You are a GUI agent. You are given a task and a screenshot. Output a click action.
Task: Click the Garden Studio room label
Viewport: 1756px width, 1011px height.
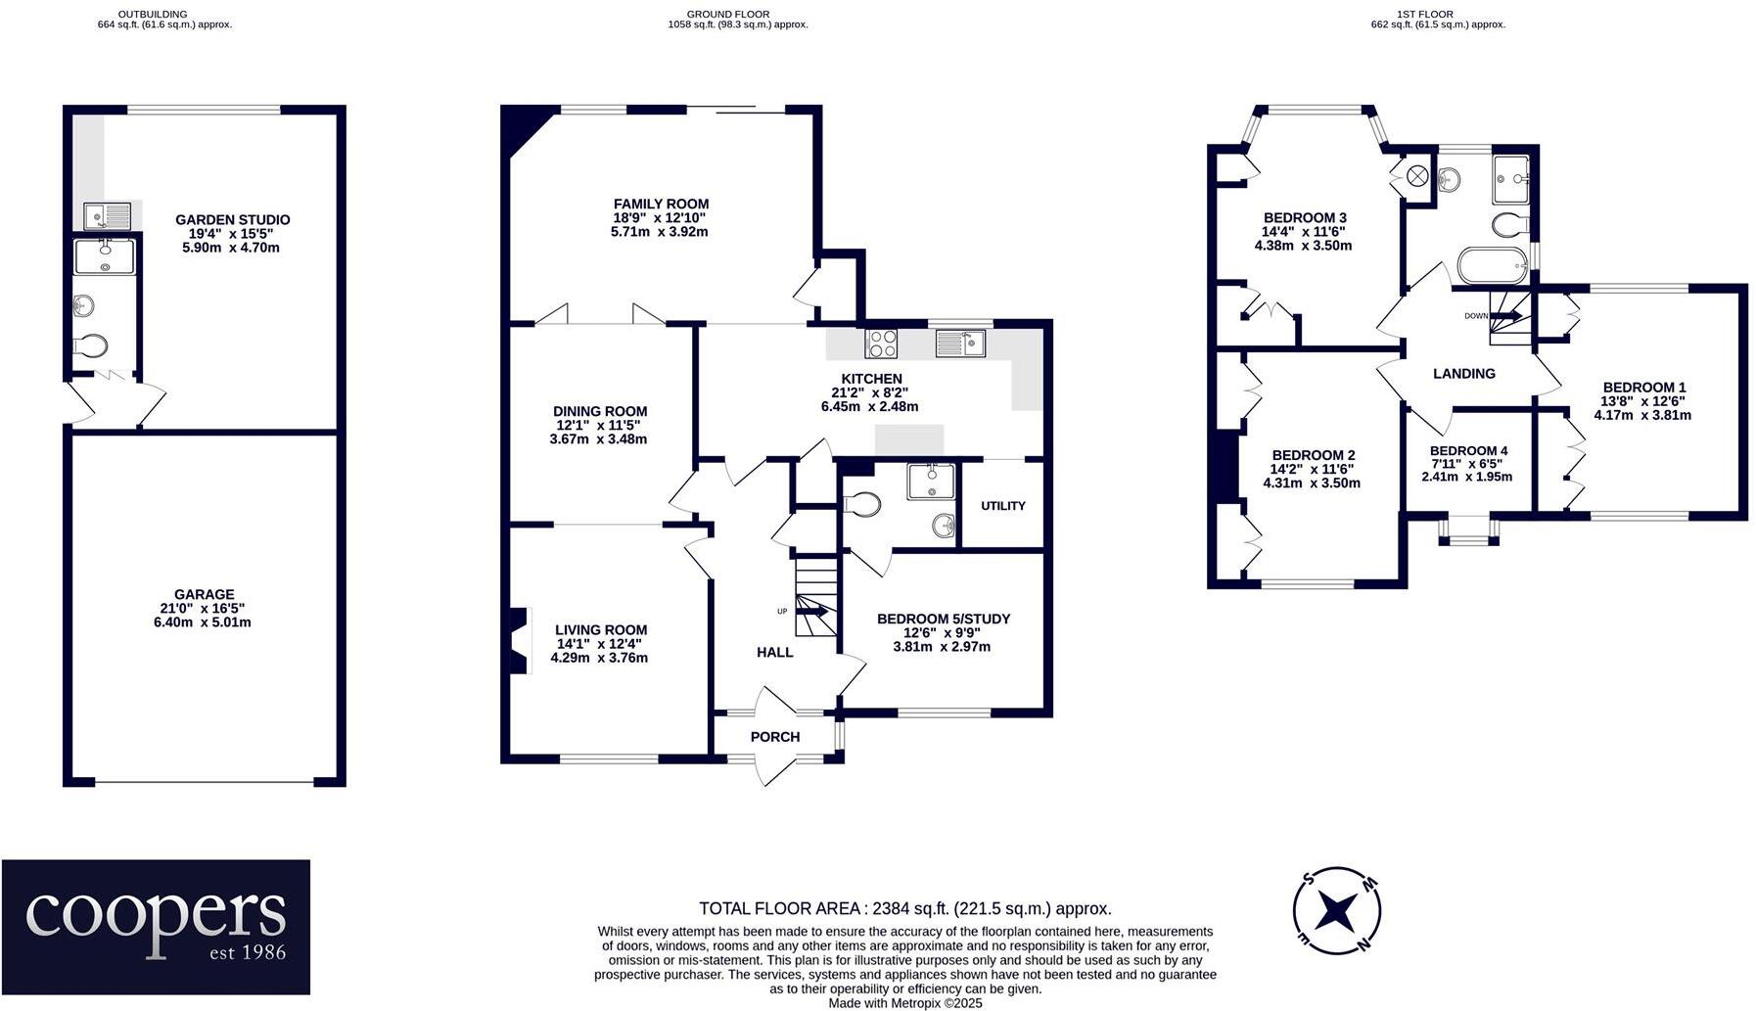click(232, 220)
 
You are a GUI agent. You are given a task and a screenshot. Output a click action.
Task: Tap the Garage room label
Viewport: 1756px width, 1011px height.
click(204, 594)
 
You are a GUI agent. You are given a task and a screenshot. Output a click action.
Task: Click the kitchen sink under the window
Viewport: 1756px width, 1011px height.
click(960, 344)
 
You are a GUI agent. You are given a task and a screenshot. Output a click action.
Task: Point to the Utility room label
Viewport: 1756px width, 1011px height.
click(1003, 506)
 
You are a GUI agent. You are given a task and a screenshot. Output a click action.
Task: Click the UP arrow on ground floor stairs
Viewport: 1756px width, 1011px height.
click(812, 613)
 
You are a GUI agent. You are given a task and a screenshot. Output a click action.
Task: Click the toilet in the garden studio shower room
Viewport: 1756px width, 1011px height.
click(91, 346)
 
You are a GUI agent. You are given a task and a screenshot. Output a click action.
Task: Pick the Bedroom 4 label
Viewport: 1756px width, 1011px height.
click(1468, 451)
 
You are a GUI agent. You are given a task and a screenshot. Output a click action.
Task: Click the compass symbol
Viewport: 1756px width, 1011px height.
click(1336, 911)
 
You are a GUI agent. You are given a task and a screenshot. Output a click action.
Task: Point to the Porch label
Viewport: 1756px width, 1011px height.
click(775, 737)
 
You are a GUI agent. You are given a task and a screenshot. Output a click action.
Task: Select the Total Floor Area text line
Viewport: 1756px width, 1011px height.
click(904, 909)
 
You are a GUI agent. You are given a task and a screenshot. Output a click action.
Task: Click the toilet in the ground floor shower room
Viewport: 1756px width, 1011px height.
click(863, 505)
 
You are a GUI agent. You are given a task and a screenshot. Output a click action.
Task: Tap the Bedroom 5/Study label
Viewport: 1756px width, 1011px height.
click(943, 620)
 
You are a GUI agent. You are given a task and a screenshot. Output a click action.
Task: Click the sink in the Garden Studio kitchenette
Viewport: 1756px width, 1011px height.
click(106, 215)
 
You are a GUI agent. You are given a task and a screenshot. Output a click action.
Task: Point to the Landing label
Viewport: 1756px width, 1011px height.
click(1463, 374)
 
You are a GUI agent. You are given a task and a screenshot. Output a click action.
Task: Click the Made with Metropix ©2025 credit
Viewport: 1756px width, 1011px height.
click(904, 1003)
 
